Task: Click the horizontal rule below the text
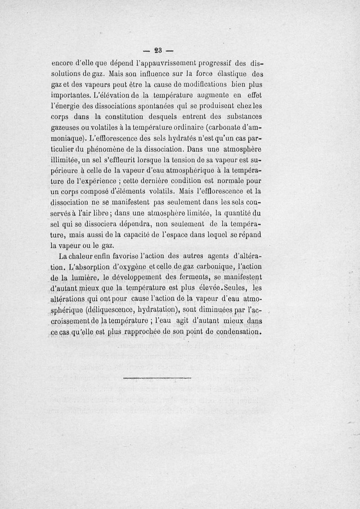[x=157, y=377]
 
